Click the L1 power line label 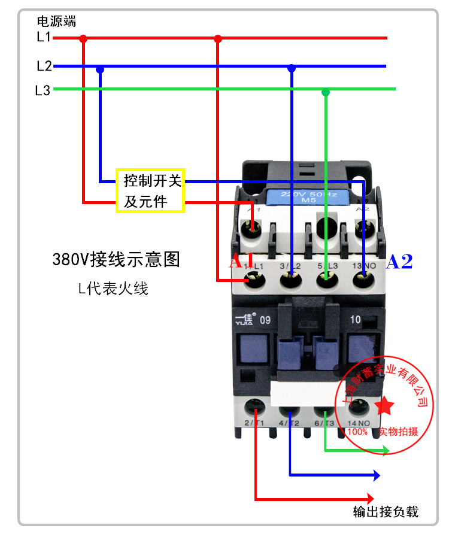click(x=44, y=37)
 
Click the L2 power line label click(x=44, y=66)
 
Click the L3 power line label click(x=43, y=91)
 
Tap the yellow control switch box click(x=151, y=191)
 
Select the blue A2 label click(x=399, y=262)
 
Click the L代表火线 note click(x=113, y=289)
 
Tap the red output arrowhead click(x=370, y=499)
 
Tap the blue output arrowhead click(x=376, y=476)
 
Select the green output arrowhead click(x=383, y=450)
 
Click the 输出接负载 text click(x=386, y=512)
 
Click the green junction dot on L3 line click(x=326, y=92)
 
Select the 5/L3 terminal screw click(x=325, y=277)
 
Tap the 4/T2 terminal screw click(x=290, y=409)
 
